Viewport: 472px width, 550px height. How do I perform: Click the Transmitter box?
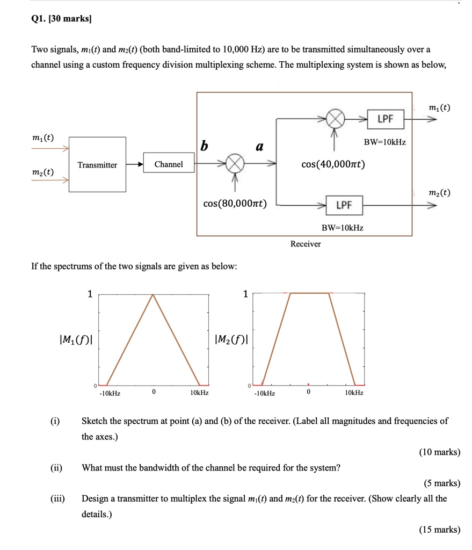(x=97, y=164)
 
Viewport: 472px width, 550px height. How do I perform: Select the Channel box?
(x=169, y=164)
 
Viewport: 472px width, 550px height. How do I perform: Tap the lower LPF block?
(x=344, y=205)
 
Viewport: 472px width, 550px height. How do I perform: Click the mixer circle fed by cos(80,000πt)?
(x=235, y=164)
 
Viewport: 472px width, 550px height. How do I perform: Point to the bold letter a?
(x=260, y=146)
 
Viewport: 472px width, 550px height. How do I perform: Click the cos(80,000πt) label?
(x=235, y=203)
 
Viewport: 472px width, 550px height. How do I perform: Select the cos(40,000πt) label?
(x=333, y=164)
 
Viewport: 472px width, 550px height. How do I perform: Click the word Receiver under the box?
(x=306, y=244)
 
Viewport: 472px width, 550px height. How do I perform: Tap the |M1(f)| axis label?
(x=78, y=339)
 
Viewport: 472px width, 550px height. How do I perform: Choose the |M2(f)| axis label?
(x=231, y=339)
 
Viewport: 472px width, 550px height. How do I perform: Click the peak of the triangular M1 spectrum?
(x=154, y=294)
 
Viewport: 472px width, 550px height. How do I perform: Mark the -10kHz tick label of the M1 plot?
(x=109, y=393)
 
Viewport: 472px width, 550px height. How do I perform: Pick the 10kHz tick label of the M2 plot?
(x=354, y=393)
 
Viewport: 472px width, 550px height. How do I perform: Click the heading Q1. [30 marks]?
(x=61, y=19)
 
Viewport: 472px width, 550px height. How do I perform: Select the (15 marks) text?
(x=439, y=530)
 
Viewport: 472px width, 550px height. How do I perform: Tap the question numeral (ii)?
(x=56, y=467)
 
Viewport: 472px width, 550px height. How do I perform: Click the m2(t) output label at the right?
(x=439, y=192)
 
